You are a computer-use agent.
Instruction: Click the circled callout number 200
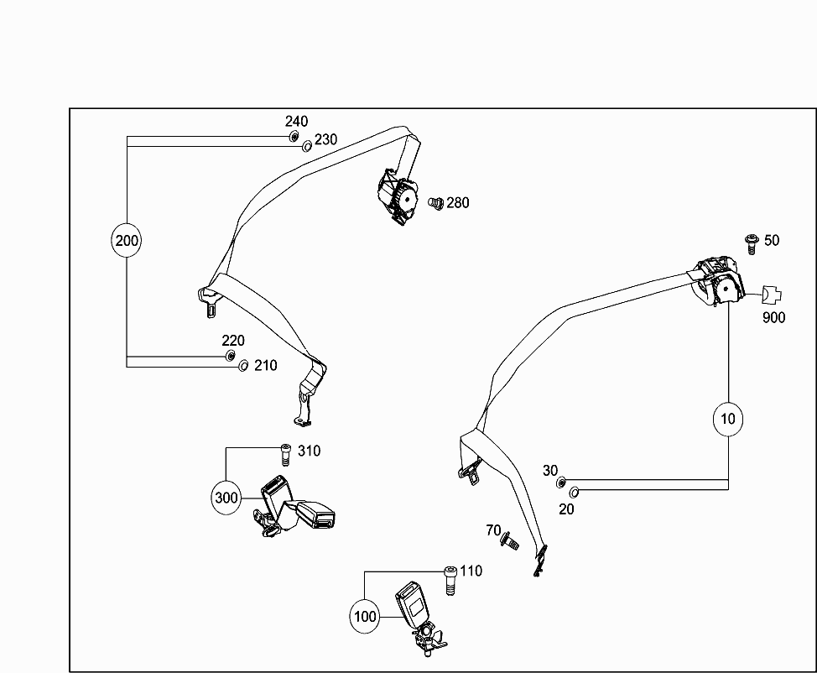[127, 241]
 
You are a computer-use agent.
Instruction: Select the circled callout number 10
[727, 418]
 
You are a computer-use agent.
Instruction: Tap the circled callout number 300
[226, 497]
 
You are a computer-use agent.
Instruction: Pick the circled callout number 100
[365, 617]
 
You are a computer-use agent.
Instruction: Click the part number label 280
[458, 202]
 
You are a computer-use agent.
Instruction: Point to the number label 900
[773, 318]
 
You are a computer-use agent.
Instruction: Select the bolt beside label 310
[284, 453]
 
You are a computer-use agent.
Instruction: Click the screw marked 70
[509, 542]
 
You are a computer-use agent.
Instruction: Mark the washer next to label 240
[294, 137]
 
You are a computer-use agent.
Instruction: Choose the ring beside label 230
[307, 146]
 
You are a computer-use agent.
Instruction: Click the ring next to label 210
[243, 365]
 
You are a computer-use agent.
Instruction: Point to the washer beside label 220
[230, 357]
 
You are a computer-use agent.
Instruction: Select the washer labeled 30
[560, 483]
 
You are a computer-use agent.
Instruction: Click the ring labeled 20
[575, 491]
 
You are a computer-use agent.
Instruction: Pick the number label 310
[309, 451]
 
